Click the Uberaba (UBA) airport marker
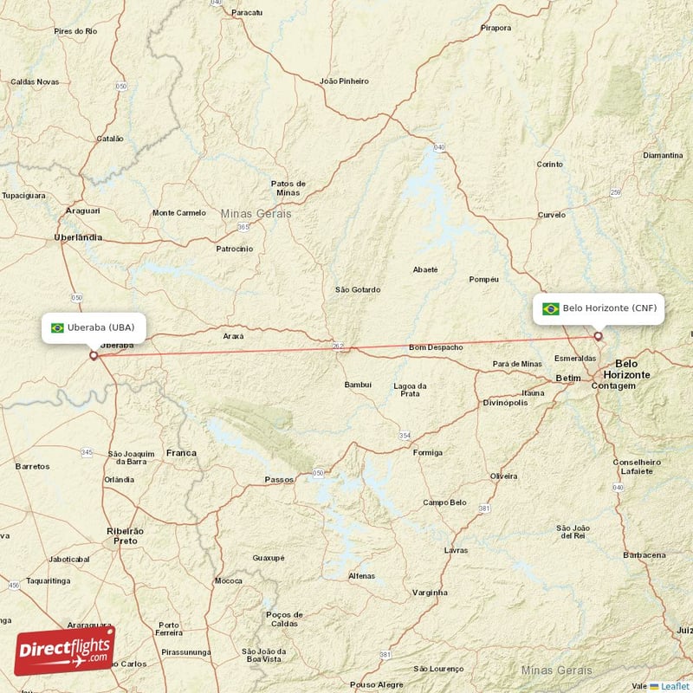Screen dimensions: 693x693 94,354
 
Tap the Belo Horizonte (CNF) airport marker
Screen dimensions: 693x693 598,336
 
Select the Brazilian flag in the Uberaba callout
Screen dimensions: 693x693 58,327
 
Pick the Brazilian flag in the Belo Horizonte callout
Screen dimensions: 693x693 550,308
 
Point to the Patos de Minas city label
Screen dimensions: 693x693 288,188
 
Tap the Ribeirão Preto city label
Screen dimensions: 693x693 126,534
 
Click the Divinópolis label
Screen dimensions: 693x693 505,402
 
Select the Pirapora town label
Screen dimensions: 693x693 496,28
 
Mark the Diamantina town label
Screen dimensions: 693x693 664,155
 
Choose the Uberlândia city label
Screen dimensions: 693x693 78,236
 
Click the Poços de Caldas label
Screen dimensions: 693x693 284,619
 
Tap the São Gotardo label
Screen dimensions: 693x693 358,289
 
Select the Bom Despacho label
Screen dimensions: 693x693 436,347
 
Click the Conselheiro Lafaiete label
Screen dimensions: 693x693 637,466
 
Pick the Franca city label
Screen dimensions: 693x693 181,452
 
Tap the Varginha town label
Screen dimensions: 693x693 431,593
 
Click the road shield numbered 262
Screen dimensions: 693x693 339,347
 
